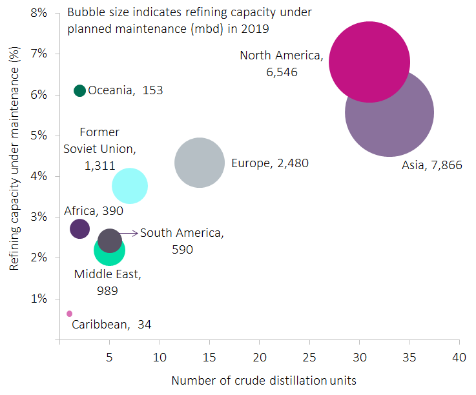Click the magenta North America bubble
(x=369, y=62)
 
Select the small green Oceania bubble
(x=80, y=90)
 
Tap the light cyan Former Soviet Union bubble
(x=129, y=186)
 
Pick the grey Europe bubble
(x=200, y=162)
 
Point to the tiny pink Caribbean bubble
(x=70, y=314)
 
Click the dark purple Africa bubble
(x=79, y=228)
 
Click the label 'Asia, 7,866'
(x=431, y=165)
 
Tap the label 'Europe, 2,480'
(x=270, y=163)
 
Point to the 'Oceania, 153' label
(x=125, y=91)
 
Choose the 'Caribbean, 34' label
(x=111, y=324)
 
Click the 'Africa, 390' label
(x=94, y=211)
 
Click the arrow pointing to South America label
(x=129, y=232)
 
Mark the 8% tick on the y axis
(x=39, y=13)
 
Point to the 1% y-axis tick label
(x=39, y=299)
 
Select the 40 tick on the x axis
(x=459, y=357)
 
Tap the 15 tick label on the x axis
(x=209, y=357)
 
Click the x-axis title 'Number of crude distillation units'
(x=263, y=381)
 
